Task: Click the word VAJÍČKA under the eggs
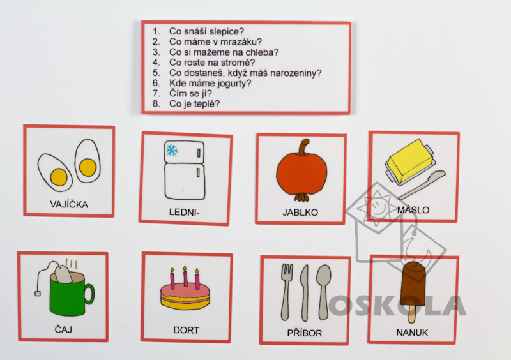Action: click(69, 204)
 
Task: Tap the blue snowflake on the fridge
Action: click(172, 150)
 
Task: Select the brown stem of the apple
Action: click(305, 147)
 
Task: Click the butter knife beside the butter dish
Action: click(422, 184)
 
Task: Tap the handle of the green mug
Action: click(89, 294)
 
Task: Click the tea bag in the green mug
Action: click(63, 274)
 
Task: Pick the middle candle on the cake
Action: click(185, 276)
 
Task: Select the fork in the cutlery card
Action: click(286, 292)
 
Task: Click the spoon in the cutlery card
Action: click(324, 292)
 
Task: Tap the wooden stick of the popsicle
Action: click(412, 313)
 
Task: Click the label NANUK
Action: click(412, 333)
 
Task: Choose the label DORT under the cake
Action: click(186, 330)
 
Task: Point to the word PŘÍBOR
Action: click(305, 333)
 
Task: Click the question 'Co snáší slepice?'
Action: click(206, 32)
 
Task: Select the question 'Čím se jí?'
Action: click(190, 93)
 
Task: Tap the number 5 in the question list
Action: click(156, 73)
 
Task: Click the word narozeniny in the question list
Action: click(294, 73)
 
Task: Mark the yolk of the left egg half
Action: click(59, 177)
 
